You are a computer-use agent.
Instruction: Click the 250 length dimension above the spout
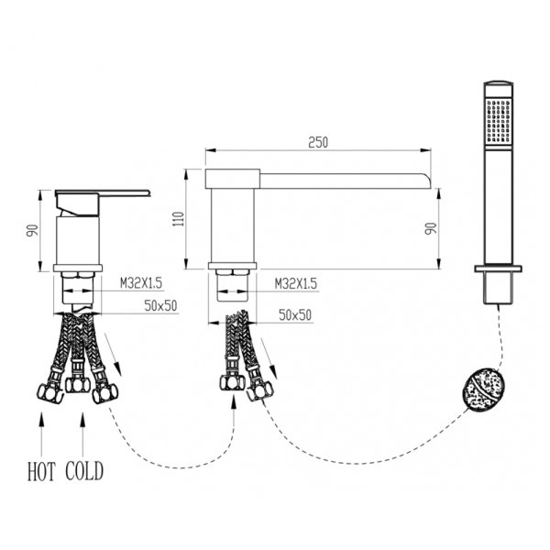(x=318, y=142)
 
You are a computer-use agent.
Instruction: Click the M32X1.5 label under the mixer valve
(x=141, y=285)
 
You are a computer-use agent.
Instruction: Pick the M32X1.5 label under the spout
(x=296, y=285)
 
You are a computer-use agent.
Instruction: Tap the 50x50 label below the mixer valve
(x=159, y=306)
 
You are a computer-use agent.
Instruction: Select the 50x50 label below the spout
(x=295, y=314)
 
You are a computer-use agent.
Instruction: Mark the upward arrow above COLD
(x=83, y=431)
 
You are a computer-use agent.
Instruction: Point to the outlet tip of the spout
(x=431, y=179)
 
